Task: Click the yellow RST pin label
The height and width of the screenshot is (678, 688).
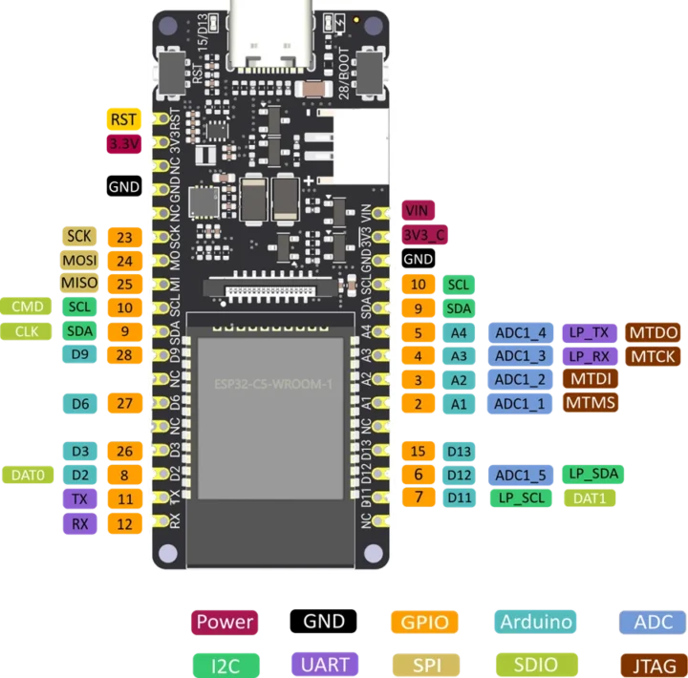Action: [123, 119]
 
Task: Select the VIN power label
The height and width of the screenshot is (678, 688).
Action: [416, 211]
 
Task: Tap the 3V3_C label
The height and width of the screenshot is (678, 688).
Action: [423, 235]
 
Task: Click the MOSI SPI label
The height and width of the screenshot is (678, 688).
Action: [79, 260]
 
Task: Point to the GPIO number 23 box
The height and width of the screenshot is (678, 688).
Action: [124, 237]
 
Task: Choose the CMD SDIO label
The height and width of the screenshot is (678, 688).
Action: [27, 307]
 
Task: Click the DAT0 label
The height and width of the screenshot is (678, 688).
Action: [29, 474]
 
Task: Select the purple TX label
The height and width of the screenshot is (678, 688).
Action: [79, 498]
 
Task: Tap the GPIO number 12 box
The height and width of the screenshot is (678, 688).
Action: [124, 523]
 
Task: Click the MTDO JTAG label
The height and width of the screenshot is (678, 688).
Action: [653, 332]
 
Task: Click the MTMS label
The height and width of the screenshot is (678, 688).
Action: [590, 403]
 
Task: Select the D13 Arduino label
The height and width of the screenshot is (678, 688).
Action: [460, 451]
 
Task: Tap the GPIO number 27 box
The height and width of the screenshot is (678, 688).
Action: [124, 404]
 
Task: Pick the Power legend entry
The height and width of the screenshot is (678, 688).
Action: [225, 622]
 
